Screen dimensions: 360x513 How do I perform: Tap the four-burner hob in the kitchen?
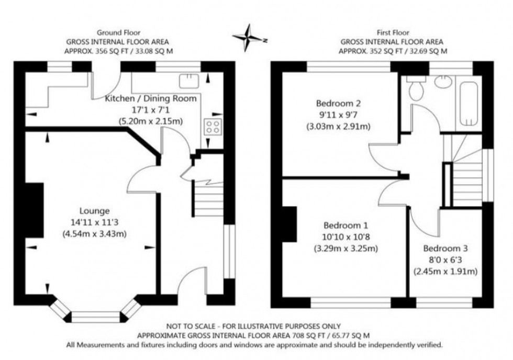[x=213, y=126]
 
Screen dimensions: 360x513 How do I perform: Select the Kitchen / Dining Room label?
[x=151, y=98]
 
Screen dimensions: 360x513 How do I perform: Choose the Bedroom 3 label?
[x=442, y=249]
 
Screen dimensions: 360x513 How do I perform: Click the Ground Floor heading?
[x=118, y=31]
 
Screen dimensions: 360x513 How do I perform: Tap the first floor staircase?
[x=466, y=173]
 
